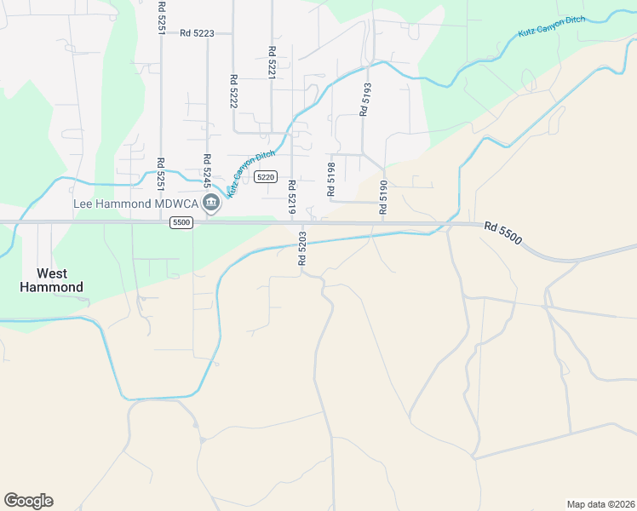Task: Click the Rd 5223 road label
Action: tap(196, 33)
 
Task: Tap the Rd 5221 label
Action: tap(272, 62)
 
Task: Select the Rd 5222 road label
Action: tap(232, 91)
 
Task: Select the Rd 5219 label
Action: tap(291, 196)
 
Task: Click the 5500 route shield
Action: tap(181, 222)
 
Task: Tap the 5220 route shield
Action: tap(266, 177)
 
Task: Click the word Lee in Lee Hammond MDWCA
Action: tap(83, 204)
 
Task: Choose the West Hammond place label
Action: tap(52, 280)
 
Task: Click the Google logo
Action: tap(28, 501)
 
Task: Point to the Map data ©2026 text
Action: tap(600, 504)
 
